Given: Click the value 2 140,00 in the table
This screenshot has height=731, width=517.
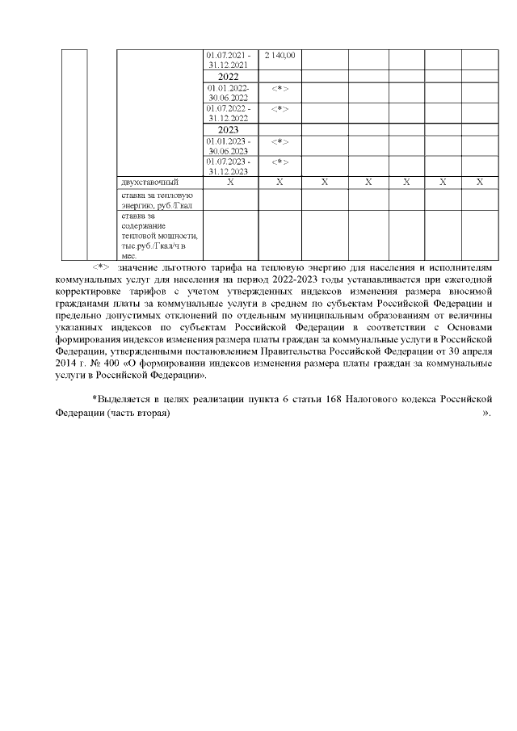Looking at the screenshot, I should click(x=280, y=56).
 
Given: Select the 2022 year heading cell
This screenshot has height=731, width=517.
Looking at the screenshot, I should click(x=229, y=77).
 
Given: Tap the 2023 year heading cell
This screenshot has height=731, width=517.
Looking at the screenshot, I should click(x=229, y=129).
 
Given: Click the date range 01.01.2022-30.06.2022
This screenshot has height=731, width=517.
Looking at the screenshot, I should click(x=229, y=92).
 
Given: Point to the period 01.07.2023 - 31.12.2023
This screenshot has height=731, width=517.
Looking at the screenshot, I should click(x=229, y=166).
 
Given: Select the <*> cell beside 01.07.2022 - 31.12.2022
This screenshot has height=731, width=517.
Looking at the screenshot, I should click(x=280, y=108).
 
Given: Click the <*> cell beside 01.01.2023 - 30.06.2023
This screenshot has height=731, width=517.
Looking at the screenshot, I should click(x=280, y=141).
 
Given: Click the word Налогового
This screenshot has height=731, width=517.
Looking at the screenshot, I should click(x=377, y=399).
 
